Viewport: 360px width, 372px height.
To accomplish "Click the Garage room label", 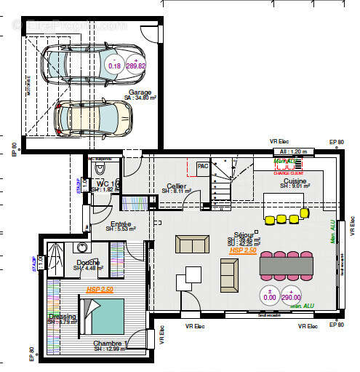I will click(140, 92).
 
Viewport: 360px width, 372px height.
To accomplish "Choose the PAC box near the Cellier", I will click(203, 167).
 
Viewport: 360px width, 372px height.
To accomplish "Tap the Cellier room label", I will click(177, 186).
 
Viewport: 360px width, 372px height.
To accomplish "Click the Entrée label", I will click(120, 224).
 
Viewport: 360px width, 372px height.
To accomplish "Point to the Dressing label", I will click(62, 317).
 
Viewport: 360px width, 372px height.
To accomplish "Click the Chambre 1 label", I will click(111, 344).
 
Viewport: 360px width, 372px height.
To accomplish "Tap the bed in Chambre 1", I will click(106, 317).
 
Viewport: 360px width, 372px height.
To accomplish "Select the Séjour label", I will click(244, 236).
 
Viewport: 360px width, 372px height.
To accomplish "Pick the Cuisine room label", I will click(295, 181).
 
